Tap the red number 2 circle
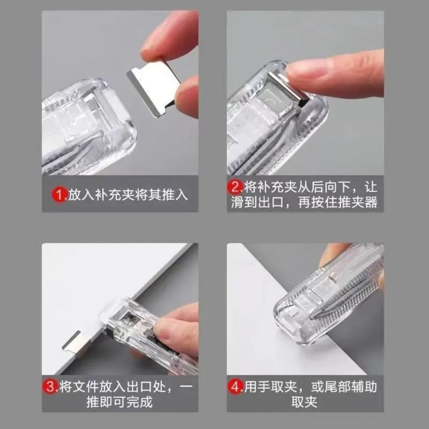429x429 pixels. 236,187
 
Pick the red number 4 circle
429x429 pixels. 236,387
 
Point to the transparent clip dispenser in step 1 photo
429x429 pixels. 86,129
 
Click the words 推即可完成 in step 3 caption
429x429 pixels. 121,402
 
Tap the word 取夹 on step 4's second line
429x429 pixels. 305,402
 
